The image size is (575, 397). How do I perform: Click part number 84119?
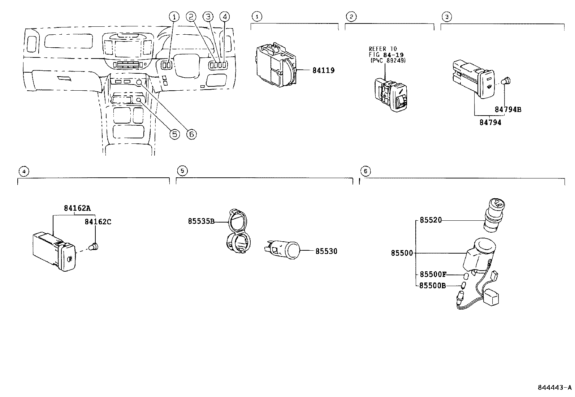[x=323, y=70]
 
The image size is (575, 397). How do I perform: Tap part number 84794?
[x=490, y=122]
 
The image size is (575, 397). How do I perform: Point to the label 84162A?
[x=77, y=208]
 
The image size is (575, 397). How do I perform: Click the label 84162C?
[x=98, y=222]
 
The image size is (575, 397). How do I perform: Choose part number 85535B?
[x=201, y=221]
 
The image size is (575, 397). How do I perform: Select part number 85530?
[x=326, y=251]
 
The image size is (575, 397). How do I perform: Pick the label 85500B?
[x=433, y=286]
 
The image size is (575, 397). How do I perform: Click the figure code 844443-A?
[x=554, y=388]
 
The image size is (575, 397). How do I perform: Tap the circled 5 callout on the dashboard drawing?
[x=174, y=134]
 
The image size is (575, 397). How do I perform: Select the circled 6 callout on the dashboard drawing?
[x=191, y=134]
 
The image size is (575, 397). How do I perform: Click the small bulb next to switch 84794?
[x=507, y=81]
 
